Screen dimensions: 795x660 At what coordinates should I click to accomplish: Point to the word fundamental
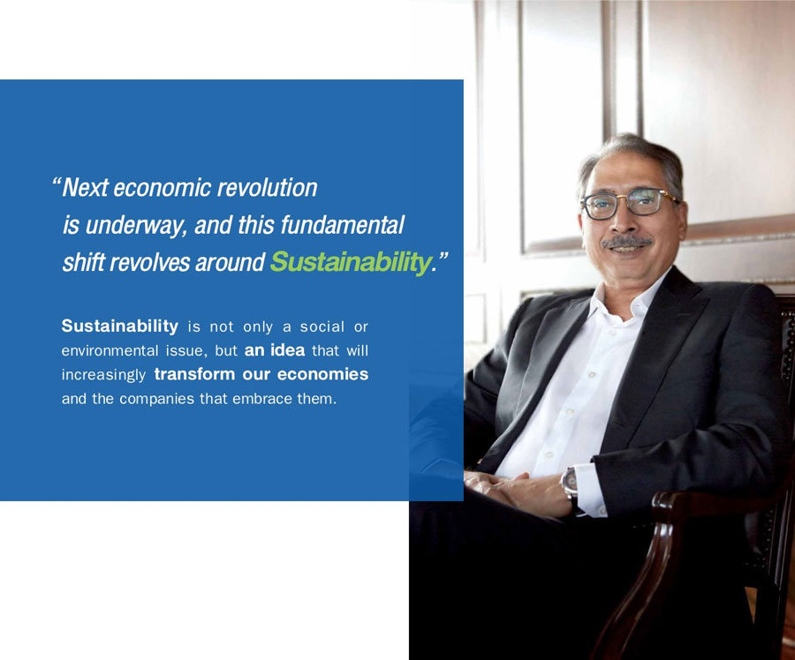pos(342,225)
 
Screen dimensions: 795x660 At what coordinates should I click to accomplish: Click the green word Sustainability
pos(351,262)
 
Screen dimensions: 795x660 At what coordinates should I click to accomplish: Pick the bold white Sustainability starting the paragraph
pos(119,326)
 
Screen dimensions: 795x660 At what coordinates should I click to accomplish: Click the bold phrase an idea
pos(275,350)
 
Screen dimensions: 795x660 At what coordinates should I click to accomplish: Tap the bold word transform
pos(194,374)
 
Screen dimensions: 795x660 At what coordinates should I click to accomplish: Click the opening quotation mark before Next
pos(57,182)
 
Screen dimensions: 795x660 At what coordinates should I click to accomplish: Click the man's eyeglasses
pos(630,204)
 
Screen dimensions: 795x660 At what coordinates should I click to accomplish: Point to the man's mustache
pos(625,242)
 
